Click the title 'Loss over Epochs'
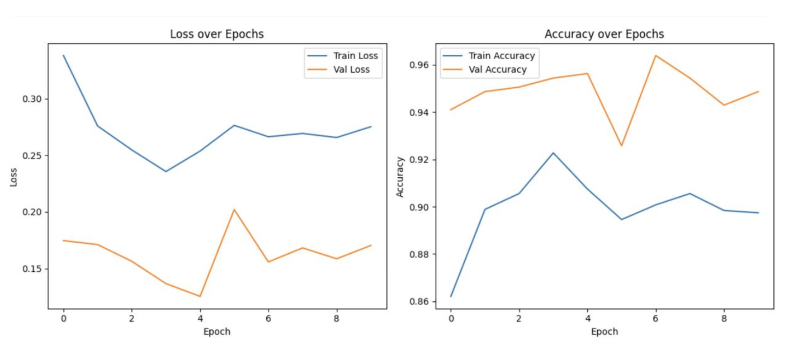216,34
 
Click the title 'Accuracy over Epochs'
604,34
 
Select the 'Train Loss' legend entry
355,56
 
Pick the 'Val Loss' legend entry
351,70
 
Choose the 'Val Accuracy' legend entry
497,70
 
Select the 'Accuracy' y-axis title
400,177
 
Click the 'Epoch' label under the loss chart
216,331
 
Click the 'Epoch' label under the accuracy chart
604,331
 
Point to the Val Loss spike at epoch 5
234,210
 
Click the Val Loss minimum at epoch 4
200,296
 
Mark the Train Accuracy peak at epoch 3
553,153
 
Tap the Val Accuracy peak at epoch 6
655,55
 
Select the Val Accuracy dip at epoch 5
621,146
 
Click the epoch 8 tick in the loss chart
336,318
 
